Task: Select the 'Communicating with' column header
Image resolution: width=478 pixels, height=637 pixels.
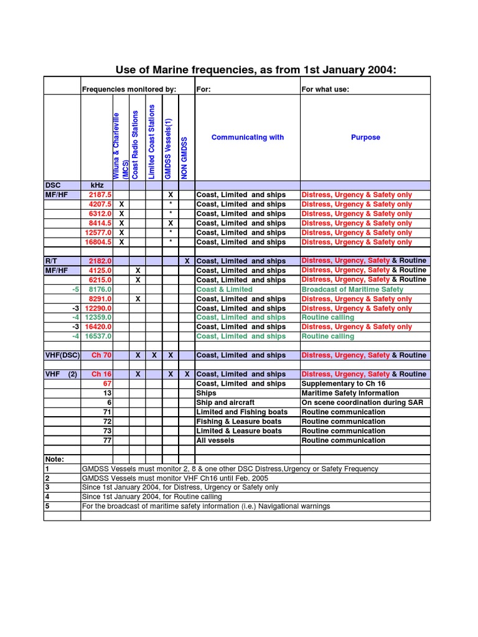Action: click(247, 137)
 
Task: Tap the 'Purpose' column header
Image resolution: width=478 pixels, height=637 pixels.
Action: click(365, 137)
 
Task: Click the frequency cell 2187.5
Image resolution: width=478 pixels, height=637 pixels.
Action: click(101, 195)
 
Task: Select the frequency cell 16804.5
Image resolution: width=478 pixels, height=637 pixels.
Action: click(99, 242)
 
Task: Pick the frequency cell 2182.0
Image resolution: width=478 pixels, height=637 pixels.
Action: click(101, 261)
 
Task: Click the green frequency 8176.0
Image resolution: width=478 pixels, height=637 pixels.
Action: click(101, 289)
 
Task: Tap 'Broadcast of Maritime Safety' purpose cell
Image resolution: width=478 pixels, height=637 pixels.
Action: click(352, 289)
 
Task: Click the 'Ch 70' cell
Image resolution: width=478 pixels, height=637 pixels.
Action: click(101, 355)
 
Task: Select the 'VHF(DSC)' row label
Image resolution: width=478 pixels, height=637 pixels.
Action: click(62, 355)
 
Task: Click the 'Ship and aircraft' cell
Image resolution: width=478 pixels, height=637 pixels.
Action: click(225, 402)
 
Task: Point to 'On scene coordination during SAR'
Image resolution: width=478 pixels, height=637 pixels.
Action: click(362, 402)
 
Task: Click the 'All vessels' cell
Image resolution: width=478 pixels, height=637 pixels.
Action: click(215, 440)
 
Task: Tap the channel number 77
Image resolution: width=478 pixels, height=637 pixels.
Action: click(107, 440)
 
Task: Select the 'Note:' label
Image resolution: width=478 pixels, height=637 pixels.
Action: click(55, 459)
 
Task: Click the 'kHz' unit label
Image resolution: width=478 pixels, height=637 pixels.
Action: click(97, 185)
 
